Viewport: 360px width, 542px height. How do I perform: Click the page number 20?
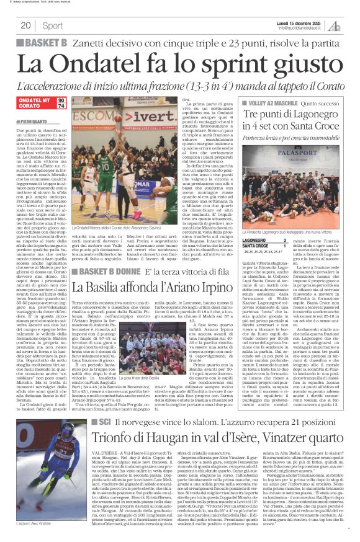[x=25, y=25]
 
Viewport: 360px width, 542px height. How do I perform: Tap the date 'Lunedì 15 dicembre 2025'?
[x=299, y=22]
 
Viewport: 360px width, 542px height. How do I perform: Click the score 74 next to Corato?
[x=61, y=106]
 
